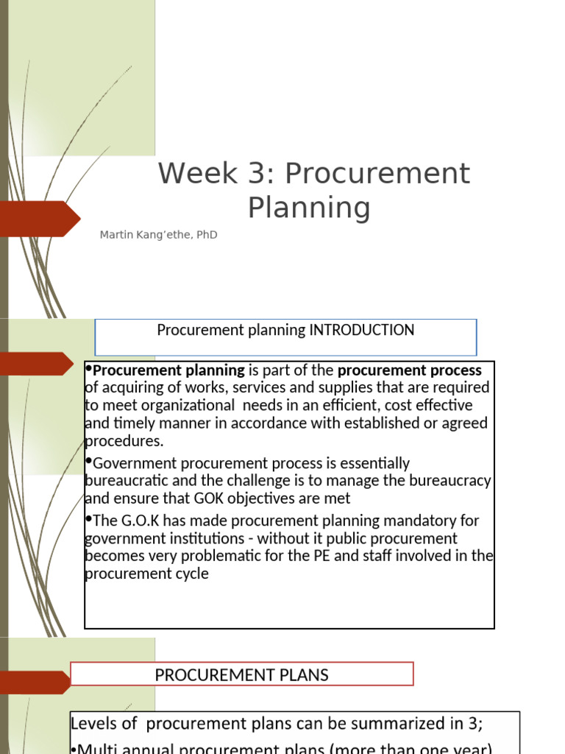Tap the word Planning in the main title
pos(309,208)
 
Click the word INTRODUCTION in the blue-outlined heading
pos(362,330)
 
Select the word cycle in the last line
pos(190,574)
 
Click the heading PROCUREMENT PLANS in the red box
pos(241,674)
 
